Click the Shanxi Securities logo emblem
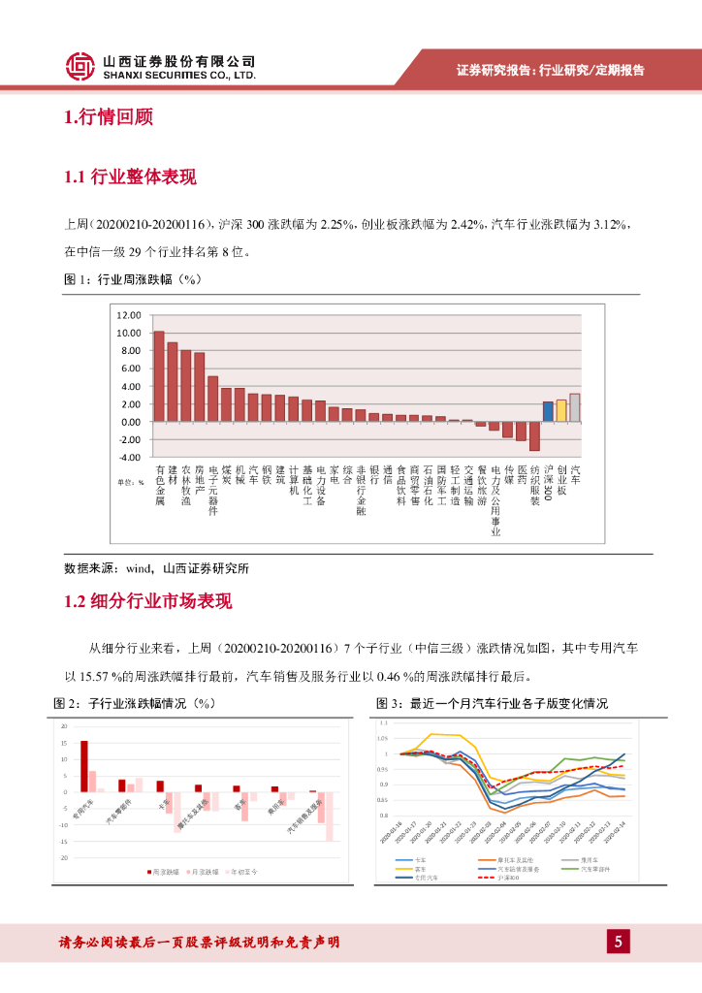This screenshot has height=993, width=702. click(80, 65)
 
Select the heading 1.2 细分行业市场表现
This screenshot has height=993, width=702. click(147, 601)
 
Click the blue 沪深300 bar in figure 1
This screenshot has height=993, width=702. click(548, 411)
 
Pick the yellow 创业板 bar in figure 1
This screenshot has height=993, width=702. click(561, 410)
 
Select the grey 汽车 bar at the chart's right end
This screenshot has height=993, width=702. click(575, 407)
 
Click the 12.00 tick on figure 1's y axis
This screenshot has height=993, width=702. click(128, 315)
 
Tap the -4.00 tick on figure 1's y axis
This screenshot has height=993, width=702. click(128, 457)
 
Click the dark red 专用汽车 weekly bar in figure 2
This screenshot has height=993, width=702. click(84, 768)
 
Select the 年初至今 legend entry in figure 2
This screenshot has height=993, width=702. click(249, 873)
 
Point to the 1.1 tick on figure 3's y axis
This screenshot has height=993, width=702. click(383, 722)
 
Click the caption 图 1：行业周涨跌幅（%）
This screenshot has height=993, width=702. click(131, 279)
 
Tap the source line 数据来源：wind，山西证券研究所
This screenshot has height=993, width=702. click(162, 568)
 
